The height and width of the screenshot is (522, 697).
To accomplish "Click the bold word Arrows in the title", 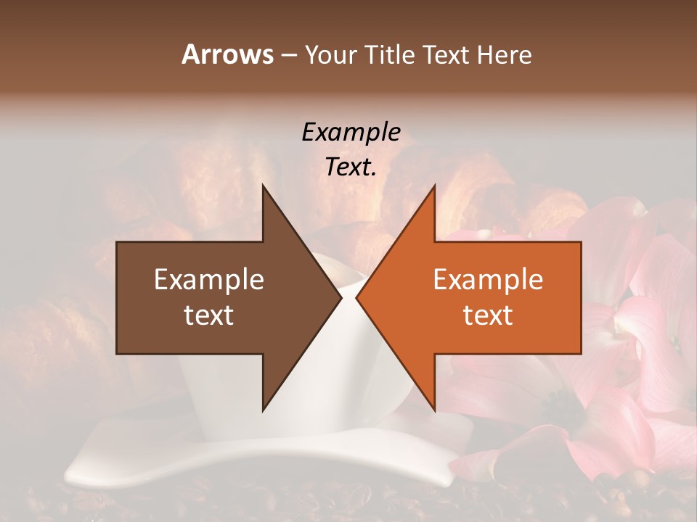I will click(x=227, y=54).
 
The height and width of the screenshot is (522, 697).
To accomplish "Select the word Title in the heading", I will click(x=394, y=55).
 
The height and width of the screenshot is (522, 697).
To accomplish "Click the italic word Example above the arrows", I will click(x=351, y=132).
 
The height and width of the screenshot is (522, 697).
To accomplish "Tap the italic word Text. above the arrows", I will click(x=351, y=167).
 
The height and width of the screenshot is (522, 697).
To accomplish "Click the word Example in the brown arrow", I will click(x=209, y=280).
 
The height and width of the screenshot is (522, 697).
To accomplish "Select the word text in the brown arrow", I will click(x=209, y=315).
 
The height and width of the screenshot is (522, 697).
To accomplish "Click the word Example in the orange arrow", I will click(x=488, y=280).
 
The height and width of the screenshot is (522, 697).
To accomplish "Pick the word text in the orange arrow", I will click(x=488, y=315).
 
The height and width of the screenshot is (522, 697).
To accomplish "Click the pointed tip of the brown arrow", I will click(x=341, y=298).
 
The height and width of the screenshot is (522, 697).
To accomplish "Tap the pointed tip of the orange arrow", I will click(x=356, y=298).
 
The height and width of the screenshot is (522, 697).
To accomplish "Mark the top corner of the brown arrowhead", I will click(x=263, y=186).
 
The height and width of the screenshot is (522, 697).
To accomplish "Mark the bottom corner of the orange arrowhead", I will click(x=434, y=410).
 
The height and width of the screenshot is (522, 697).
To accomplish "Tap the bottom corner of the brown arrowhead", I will click(x=263, y=410).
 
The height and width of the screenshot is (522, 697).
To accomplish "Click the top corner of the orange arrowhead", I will click(x=434, y=186).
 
